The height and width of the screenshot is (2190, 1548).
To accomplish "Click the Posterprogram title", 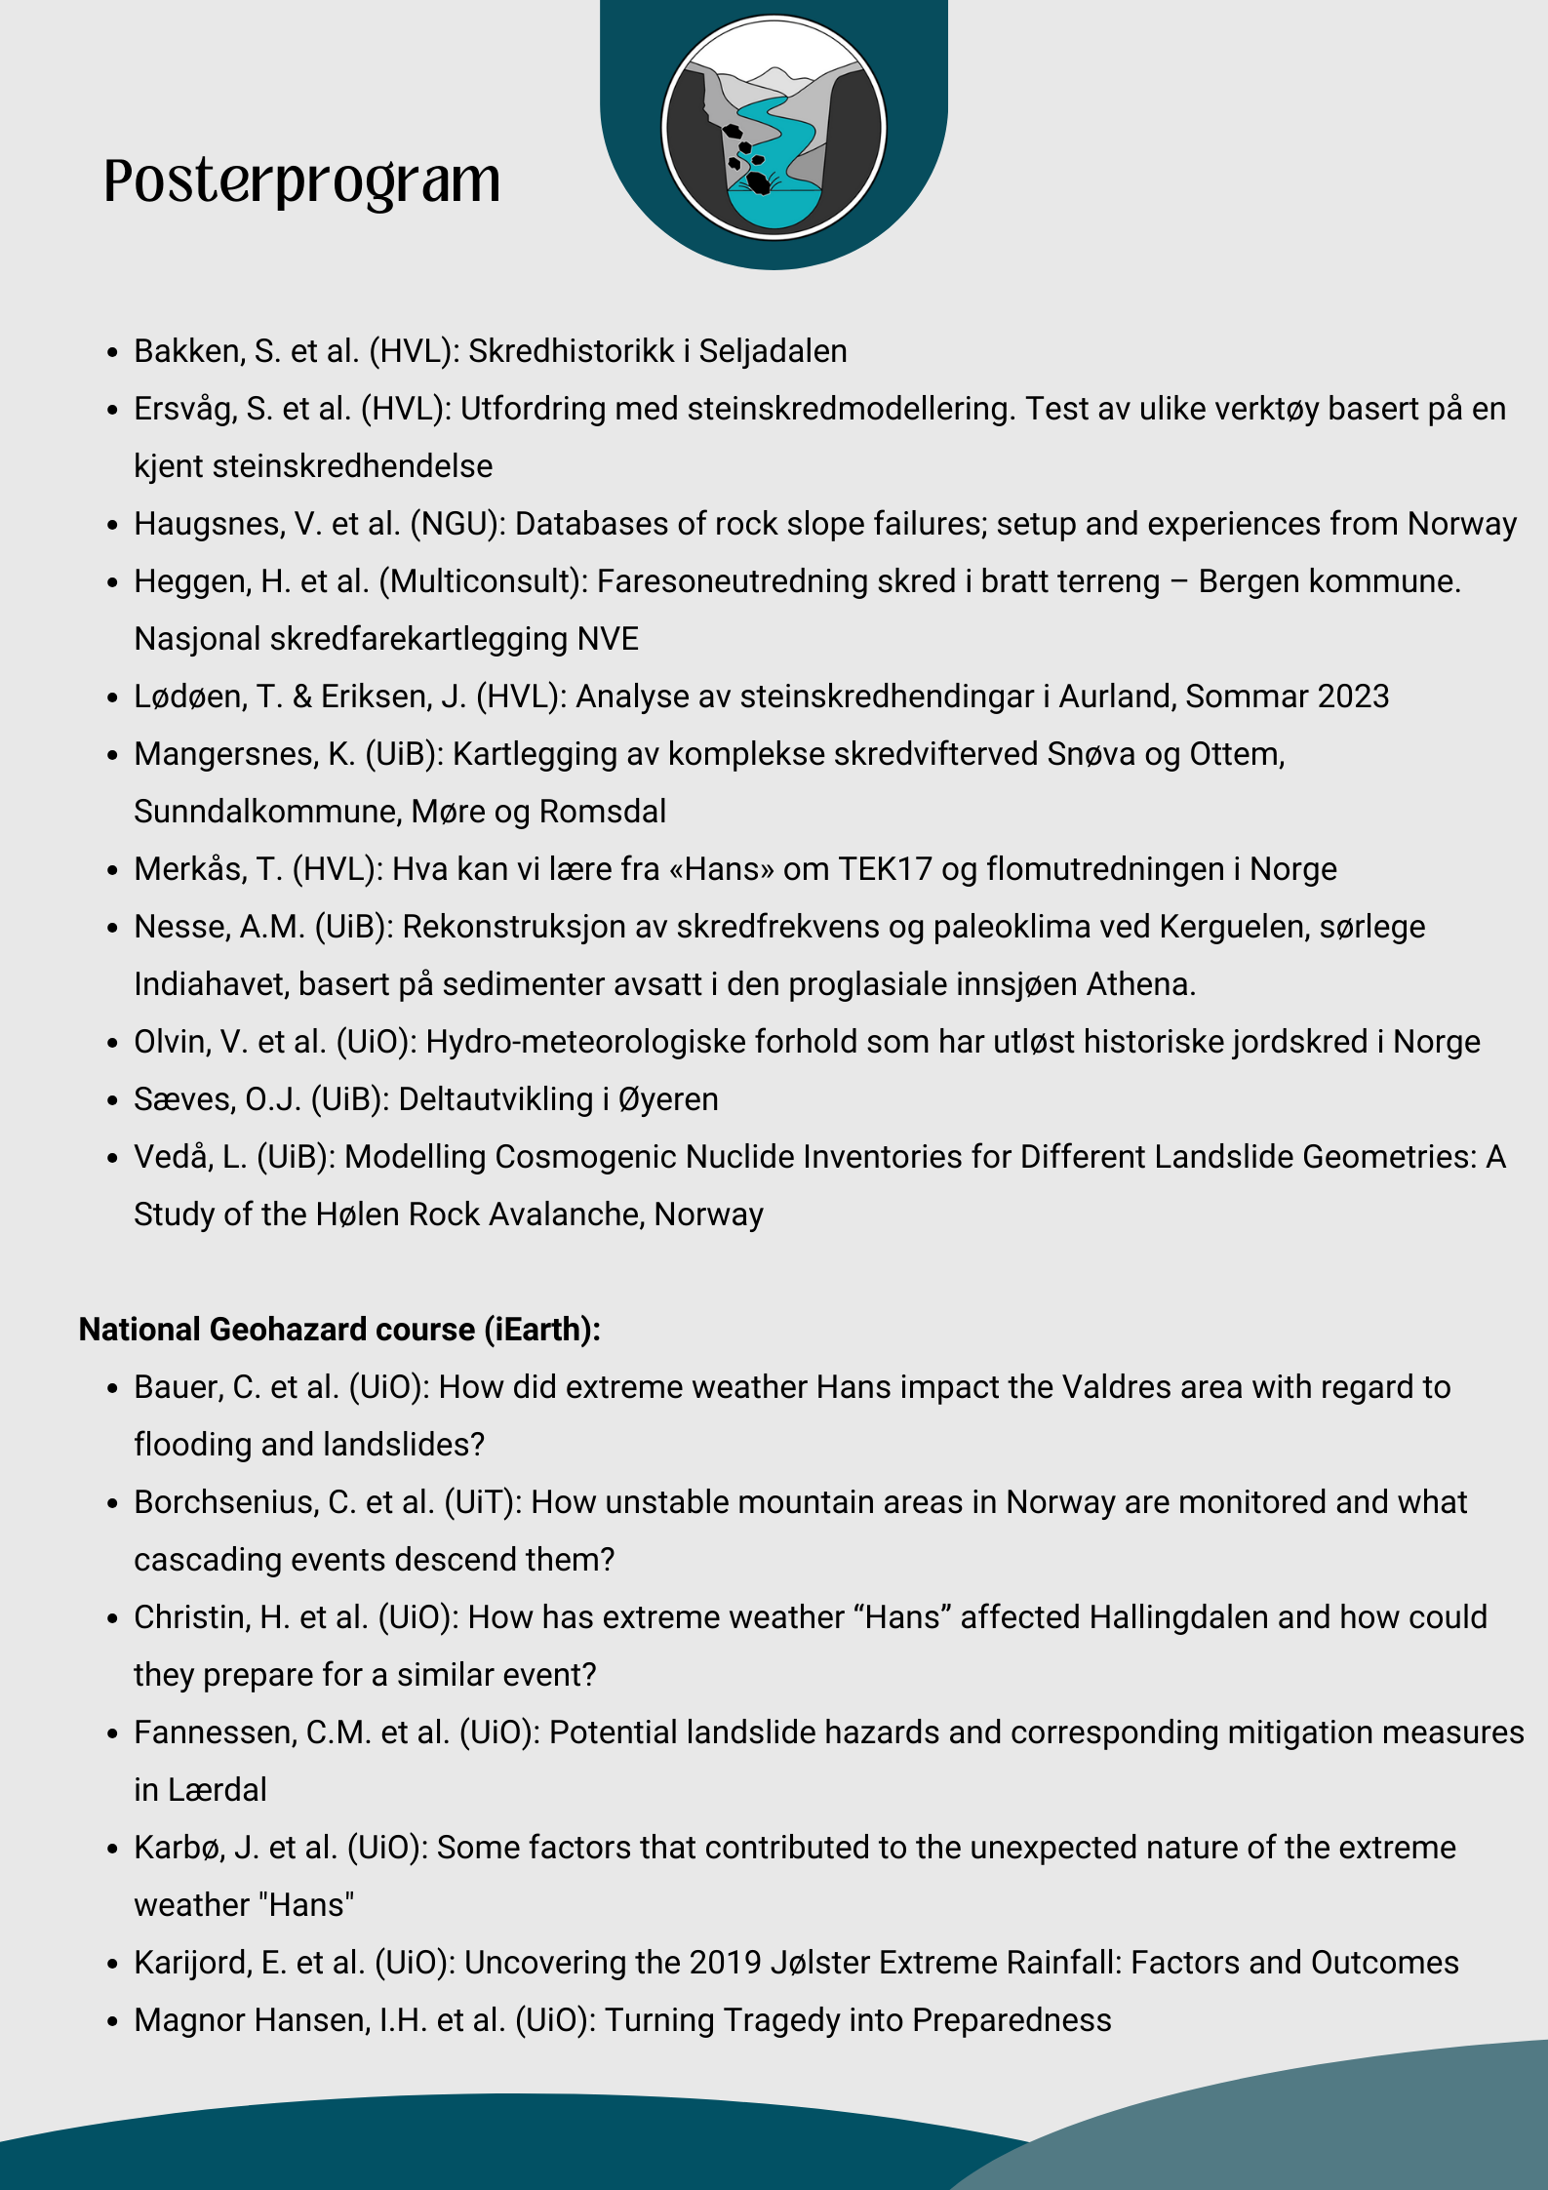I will click(302, 182).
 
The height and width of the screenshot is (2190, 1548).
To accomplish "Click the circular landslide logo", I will click(774, 128).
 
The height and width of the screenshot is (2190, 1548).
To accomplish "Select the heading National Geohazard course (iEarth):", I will click(339, 1330).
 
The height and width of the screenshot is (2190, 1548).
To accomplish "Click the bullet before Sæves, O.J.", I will click(113, 1100).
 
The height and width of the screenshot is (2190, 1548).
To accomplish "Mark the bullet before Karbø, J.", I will click(113, 1849).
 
